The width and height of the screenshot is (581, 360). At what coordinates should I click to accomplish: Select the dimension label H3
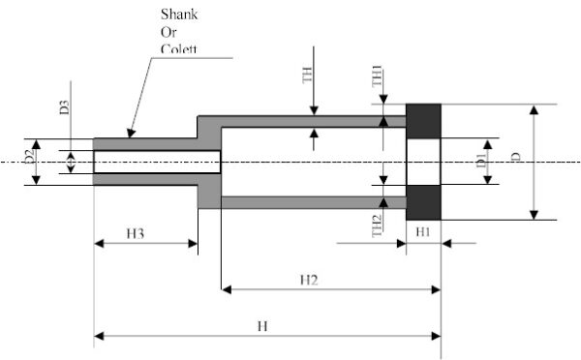coord(136,233)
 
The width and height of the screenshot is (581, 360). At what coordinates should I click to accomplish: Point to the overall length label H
coord(260,325)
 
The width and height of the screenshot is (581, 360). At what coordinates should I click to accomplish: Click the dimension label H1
coord(423,233)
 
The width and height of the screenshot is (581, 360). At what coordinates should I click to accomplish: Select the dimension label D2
coord(31,153)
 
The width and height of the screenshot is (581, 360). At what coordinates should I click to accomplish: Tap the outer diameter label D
coord(544,157)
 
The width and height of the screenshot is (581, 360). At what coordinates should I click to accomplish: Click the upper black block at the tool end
coord(424,121)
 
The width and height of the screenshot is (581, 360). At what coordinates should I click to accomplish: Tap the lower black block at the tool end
coord(424,201)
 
